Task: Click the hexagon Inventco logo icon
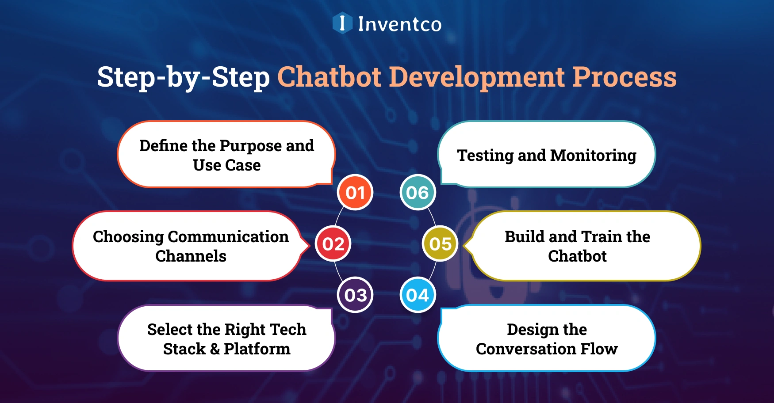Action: [x=342, y=23]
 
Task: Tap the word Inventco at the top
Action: [x=399, y=24]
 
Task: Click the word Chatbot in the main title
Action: [x=329, y=77]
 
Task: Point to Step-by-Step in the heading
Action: [x=183, y=77]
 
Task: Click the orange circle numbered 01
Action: [x=355, y=193]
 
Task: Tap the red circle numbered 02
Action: [x=333, y=244]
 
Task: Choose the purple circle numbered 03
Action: [x=355, y=295]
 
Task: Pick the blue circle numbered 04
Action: [x=418, y=295]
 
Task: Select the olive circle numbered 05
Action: [x=440, y=244]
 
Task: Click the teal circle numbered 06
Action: [x=418, y=193]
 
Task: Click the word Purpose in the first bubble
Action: [x=250, y=146]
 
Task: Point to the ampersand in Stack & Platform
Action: [x=215, y=349]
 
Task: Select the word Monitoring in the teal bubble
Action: [x=593, y=156]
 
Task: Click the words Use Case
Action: [x=227, y=165]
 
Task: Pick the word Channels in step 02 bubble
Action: [x=191, y=256]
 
